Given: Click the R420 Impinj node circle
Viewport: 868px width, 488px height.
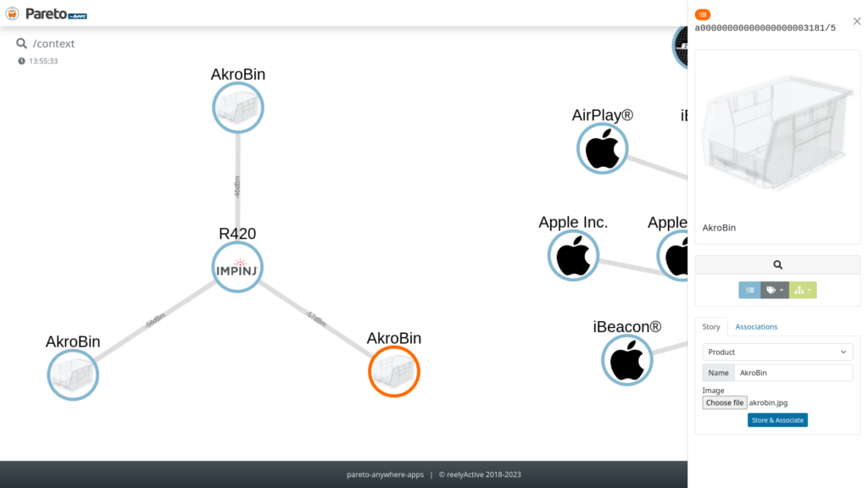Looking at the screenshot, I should pyautogui.click(x=237, y=268).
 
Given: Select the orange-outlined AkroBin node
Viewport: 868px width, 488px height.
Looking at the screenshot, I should pyautogui.click(x=394, y=371).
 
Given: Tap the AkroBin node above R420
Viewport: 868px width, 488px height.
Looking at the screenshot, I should pyautogui.click(x=238, y=108).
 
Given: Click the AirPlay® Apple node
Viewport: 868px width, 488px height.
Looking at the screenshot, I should pyautogui.click(x=603, y=148).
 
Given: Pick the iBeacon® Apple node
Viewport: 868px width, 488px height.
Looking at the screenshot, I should pyautogui.click(x=627, y=360).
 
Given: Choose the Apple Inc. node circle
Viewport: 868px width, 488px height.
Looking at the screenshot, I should pyautogui.click(x=573, y=255).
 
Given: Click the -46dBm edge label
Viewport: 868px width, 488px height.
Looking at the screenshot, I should pyautogui.click(x=237, y=187).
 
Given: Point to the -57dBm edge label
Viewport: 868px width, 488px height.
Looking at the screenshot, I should pyautogui.click(x=314, y=319).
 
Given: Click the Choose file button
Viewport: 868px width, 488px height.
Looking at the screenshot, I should pyautogui.click(x=725, y=402).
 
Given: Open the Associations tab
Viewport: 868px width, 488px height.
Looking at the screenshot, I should pyautogui.click(x=756, y=326).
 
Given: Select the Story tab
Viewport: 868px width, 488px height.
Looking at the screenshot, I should pyautogui.click(x=711, y=326).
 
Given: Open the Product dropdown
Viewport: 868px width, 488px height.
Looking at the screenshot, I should pyautogui.click(x=777, y=352).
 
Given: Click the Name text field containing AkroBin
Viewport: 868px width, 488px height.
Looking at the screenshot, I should pyautogui.click(x=793, y=373).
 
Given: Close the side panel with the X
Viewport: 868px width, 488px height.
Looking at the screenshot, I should pyautogui.click(x=856, y=21).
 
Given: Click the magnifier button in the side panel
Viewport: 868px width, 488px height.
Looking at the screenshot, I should pyautogui.click(x=777, y=264).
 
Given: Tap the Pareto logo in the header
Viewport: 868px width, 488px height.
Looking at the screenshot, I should pyautogui.click(x=47, y=14).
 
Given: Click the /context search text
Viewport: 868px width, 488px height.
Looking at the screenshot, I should pyautogui.click(x=53, y=43).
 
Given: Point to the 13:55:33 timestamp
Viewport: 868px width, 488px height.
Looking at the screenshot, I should pyautogui.click(x=42, y=61).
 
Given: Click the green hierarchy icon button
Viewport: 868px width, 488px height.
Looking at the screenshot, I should pyautogui.click(x=803, y=290).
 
